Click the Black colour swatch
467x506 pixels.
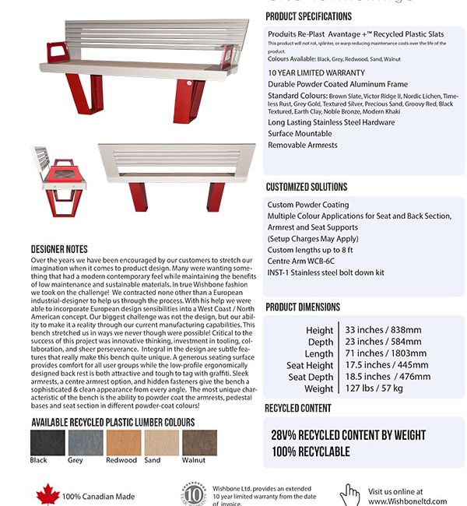pos(47,443)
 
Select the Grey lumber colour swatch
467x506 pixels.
pos(85,443)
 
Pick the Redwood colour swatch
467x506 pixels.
pos(124,443)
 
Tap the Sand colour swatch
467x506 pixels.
pos(162,443)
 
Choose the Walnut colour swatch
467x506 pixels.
pos(200,443)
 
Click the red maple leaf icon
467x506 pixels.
pos(47,494)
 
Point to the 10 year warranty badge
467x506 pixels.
pos(195,495)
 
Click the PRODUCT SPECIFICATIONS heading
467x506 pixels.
pos(308,16)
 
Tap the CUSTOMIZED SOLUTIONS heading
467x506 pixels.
pos(307,187)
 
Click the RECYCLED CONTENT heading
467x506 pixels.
pos(298,408)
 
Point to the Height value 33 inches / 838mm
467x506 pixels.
pos(383,330)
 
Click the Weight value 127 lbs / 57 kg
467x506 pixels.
pos(374,388)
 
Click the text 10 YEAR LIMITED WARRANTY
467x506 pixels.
pos(316,72)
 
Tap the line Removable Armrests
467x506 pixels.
pos(303,145)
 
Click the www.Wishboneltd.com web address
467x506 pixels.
pos(408,501)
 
